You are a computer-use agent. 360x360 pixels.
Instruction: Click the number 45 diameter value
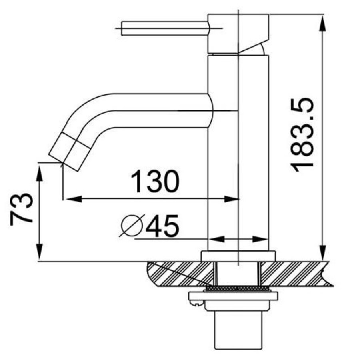pos(162,227)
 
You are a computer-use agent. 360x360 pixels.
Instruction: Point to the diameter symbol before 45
pos(131,226)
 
